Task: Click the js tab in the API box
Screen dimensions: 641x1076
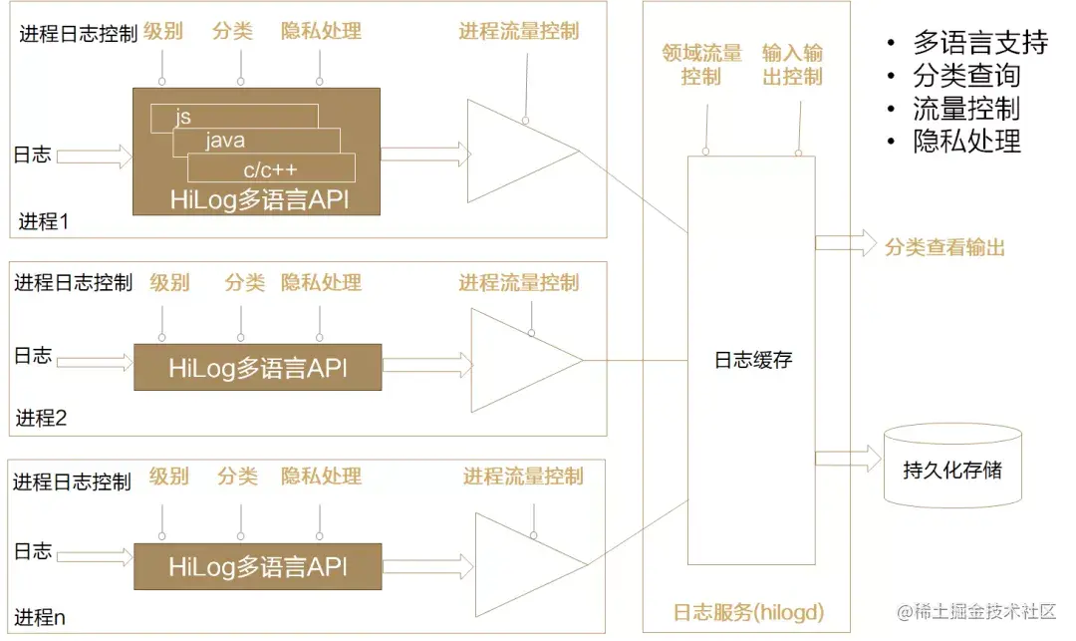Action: [183, 118]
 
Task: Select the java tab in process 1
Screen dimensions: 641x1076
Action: [225, 141]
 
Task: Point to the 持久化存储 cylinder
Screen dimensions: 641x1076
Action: [952, 468]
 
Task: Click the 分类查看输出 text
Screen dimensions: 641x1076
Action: [944, 247]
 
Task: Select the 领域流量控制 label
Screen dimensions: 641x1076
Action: [701, 65]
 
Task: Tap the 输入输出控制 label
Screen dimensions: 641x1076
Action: [793, 65]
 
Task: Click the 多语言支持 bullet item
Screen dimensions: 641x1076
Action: [980, 43]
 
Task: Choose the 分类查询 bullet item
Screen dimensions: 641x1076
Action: [966, 76]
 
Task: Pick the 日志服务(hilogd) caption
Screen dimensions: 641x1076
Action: [748, 611]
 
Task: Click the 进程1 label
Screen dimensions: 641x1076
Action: [44, 221]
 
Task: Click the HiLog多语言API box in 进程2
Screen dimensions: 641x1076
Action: [257, 367]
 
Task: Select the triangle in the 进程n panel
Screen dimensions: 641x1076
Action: [518, 564]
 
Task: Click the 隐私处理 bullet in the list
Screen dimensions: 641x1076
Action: [966, 141]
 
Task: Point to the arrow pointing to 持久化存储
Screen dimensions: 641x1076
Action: [848, 459]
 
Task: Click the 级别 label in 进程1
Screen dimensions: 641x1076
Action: [162, 31]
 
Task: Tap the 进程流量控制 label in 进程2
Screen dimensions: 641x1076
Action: [518, 283]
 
